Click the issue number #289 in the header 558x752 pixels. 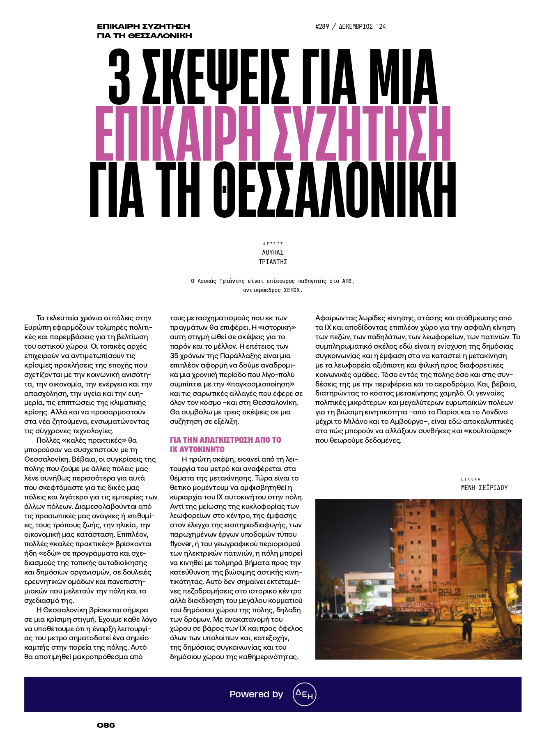click(x=322, y=27)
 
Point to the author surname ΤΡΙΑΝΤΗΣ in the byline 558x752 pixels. click(x=273, y=262)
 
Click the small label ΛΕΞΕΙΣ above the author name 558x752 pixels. click(x=273, y=244)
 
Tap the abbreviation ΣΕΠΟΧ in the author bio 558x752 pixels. click(x=292, y=290)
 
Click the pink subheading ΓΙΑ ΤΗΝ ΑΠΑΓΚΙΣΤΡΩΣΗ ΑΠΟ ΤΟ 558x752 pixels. click(x=225, y=440)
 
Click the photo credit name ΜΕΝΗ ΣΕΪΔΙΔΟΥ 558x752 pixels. click(x=484, y=488)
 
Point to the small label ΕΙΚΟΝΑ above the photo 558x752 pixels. click(x=471, y=479)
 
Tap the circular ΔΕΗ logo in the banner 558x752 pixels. click(x=304, y=694)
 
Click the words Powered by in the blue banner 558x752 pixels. click(x=256, y=694)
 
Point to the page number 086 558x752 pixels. click(x=106, y=725)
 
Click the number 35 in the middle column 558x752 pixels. click(x=174, y=356)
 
